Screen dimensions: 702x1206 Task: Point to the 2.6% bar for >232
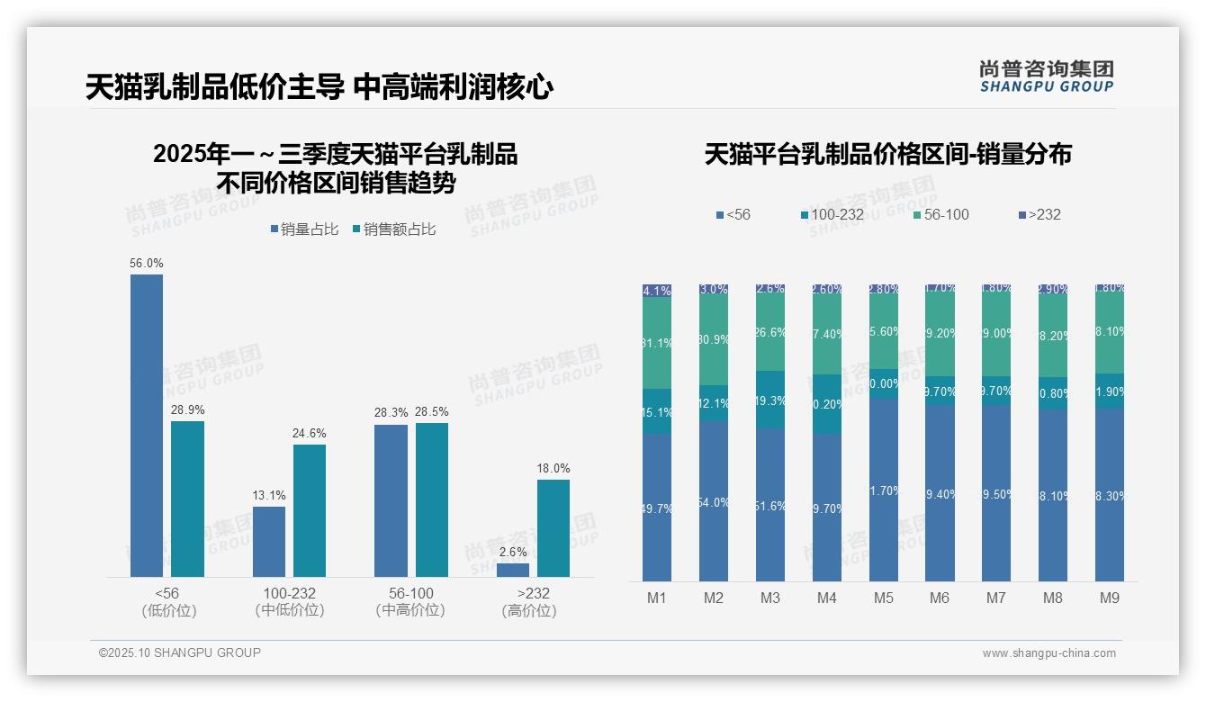(513, 570)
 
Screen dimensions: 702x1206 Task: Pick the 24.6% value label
(309, 433)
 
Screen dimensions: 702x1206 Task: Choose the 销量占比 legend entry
(304, 229)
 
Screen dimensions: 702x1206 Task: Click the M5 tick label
(884, 598)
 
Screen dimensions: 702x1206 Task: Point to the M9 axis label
(1110, 598)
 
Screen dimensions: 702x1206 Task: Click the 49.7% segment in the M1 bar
(657, 508)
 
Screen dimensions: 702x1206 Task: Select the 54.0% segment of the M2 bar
(714, 501)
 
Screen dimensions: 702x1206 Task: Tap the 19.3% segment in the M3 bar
(770, 400)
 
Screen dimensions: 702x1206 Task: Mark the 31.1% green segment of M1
(657, 343)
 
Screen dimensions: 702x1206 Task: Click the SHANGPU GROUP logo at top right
(1046, 76)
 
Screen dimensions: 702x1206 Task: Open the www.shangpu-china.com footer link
(1048, 653)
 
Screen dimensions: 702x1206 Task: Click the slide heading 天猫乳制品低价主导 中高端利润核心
(319, 87)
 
